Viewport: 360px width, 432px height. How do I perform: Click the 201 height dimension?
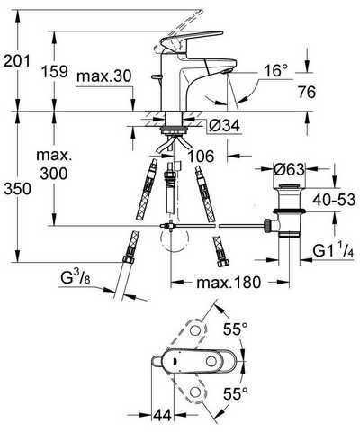pyautogui.click(x=17, y=61)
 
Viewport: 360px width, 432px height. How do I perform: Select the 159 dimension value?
pyautogui.click(x=54, y=72)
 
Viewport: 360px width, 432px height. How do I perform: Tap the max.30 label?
pyautogui.click(x=104, y=76)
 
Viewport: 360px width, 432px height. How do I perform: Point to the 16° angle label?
pyautogui.click(x=275, y=71)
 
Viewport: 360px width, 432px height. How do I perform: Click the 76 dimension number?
pyautogui.click(x=307, y=92)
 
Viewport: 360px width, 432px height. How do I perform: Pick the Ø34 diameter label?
pyautogui.click(x=225, y=125)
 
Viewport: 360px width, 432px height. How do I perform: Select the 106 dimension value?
pyautogui.click(x=201, y=156)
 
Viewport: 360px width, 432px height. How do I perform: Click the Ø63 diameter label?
pyautogui.click(x=289, y=169)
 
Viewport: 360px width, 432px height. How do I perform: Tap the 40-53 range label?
pyautogui.click(x=334, y=200)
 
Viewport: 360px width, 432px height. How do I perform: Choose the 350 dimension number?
pyautogui.click(x=17, y=189)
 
